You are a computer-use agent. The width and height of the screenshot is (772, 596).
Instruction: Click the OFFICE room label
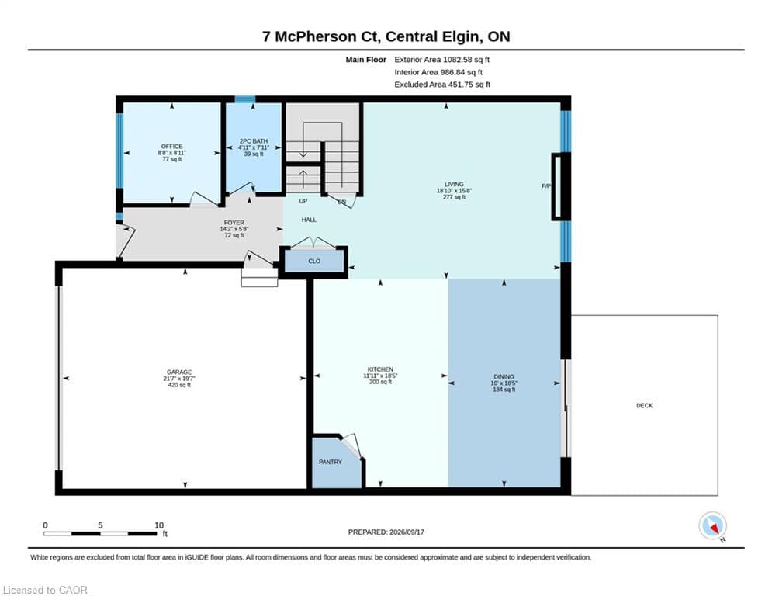[171, 147]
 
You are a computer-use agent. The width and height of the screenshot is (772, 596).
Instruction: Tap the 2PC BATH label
[254, 141]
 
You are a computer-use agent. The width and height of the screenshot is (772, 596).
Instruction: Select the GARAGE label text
[179, 372]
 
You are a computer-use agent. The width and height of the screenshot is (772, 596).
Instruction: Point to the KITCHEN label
[381, 369]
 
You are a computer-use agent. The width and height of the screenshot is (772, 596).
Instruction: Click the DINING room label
[504, 377]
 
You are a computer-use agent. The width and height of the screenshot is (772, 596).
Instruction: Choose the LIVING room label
[454, 184]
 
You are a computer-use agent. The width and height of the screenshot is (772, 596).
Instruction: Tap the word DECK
[645, 405]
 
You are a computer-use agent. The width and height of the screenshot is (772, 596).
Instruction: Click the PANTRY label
[331, 462]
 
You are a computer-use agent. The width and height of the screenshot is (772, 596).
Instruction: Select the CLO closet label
[314, 261]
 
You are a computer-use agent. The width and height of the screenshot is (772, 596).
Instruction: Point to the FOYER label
[234, 223]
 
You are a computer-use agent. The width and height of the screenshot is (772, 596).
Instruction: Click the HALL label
[310, 220]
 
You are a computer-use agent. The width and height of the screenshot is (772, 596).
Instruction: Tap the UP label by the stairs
[303, 201]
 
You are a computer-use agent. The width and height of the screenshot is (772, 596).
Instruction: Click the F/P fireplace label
[546, 186]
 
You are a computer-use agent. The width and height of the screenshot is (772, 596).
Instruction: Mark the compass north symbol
[712, 526]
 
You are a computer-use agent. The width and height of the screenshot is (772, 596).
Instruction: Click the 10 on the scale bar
[159, 525]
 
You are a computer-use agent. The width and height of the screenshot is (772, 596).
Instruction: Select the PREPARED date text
[386, 532]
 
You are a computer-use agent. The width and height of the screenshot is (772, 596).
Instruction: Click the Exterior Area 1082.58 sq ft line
[442, 60]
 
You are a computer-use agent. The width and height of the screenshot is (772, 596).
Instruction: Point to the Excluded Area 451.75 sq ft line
[442, 85]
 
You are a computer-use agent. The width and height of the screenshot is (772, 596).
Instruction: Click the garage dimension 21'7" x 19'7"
[179, 379]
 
